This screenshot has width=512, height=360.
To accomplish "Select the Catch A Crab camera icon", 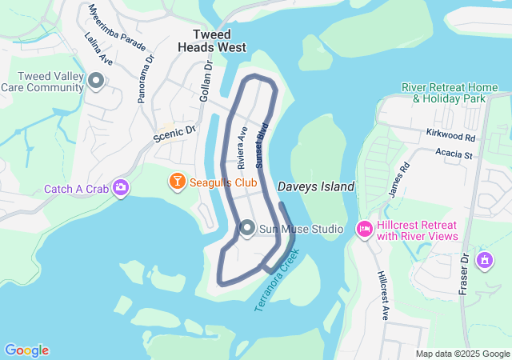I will click(x=121, y=188).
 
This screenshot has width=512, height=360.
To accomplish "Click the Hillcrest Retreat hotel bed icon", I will click(x=364, y=230).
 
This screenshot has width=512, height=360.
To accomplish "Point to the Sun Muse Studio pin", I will click(x=247, y=229).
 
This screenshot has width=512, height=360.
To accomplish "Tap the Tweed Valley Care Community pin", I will click(x=97, y=81).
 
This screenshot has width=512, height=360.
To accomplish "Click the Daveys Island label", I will click(x=315, y=186).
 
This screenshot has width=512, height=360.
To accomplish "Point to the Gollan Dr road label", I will click(x=207, y=80).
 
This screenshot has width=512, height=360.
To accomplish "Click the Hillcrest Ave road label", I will click(x=382, y=295).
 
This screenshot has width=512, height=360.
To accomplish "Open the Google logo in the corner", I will click(x=26, y=350).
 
